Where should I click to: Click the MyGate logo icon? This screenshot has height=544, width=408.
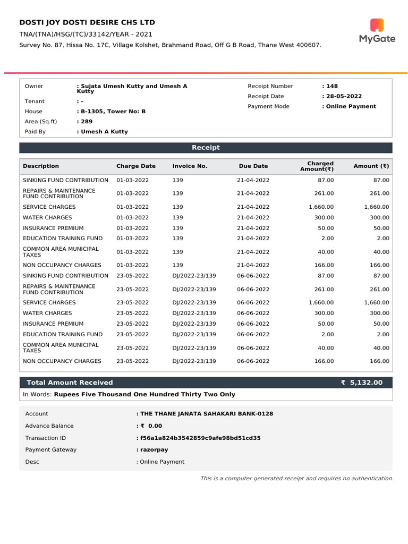pyautogui.click(x=377, y=24)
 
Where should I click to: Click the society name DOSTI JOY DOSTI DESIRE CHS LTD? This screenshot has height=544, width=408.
pyautogui.click(x=87, y=22)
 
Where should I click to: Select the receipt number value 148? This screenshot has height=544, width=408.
pyautogui.click(x=330, y=86)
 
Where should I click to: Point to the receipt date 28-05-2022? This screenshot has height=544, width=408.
pyautogui.click(x=343, y=96)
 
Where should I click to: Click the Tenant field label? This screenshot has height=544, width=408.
pyautogui.click(x=35, y=101)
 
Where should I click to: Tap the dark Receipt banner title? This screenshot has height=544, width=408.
pyautogui.click(x=206, y=148)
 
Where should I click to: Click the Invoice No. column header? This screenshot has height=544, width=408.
pyautogui.click(x=190, y=166)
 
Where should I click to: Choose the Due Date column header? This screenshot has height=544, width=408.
pyautogui.click(x=253, y=166)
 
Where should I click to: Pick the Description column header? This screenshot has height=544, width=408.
pyautogui.click(x=41, y=166)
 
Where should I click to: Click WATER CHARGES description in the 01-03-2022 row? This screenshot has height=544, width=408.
pyautogui.click(x=47, y=217)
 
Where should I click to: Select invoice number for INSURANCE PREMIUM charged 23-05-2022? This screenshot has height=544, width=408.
pyautogui.click(x=194, y=324)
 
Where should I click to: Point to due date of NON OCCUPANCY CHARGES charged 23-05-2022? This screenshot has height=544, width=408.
pyautogui.click(x=253, y=361)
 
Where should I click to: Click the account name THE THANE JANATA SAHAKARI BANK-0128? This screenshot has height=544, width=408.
pyautogui.click(x=206, y=413)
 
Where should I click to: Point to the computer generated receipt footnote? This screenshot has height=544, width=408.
pyautogui.click(x=296, y=479)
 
